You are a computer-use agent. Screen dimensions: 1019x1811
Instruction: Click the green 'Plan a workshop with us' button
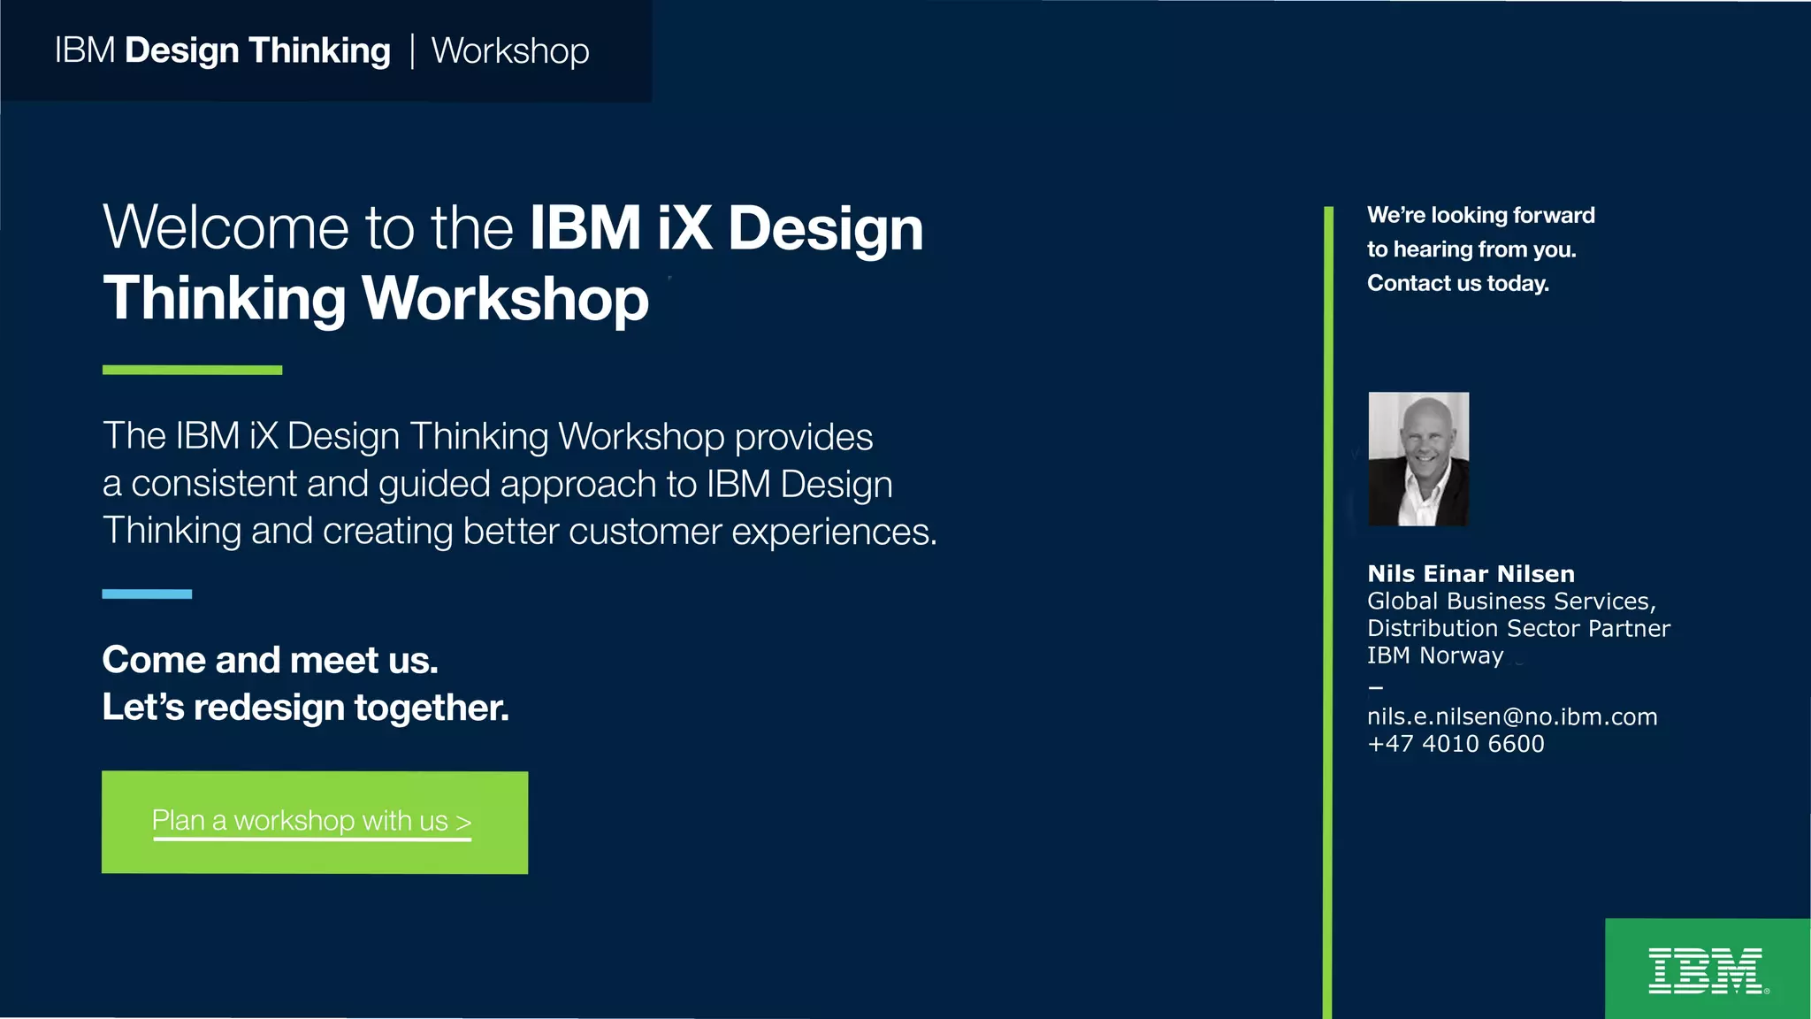(x=314, y=822)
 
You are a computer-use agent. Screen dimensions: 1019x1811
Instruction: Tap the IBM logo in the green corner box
(x=1706, y=970)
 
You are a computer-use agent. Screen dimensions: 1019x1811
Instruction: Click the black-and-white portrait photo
(x=1418, y=459)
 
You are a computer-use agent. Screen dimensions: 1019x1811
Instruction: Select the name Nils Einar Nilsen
(x=1471, y=574)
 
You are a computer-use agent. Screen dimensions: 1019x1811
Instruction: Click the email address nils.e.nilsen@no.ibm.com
(x=1512, y=716)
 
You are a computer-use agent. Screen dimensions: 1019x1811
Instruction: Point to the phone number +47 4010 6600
(x=1456, y=744)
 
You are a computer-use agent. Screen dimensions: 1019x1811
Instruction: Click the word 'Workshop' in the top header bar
(x=510, y=51)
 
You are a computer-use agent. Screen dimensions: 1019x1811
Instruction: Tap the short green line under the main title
(x=192, y=370)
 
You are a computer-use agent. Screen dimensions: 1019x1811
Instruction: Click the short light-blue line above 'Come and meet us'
(x=147, y=594)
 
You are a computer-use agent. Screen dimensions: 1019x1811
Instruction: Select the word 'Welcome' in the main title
(x=225, y=228)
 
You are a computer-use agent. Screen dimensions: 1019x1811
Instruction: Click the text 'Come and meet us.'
(x=270, y=660)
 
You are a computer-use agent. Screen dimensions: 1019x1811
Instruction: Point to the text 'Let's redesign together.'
(x=305, y=708)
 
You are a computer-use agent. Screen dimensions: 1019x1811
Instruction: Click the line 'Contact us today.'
(x=1457, y=283)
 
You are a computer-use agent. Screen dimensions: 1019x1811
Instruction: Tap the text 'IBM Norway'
(x=1434, y=655)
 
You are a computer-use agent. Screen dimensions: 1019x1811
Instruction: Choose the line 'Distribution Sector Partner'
(x=1518, y=628)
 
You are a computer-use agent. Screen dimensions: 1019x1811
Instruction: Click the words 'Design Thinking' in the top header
(x=257, y=51)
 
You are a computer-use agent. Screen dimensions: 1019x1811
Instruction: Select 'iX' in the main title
(x=684, y=228)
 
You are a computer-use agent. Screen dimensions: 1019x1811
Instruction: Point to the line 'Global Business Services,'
(x=1511, y=601)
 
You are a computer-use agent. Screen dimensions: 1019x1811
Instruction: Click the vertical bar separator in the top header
(x=412, y=51)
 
